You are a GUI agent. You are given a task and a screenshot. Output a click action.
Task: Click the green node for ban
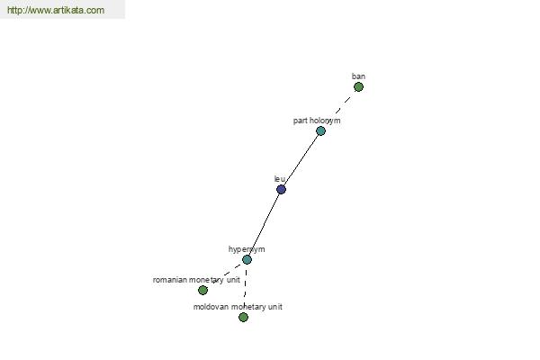(x=358, y=86)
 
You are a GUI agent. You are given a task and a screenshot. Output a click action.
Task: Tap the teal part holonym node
(x=320, y=130)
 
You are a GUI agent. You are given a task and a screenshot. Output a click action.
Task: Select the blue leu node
(x=281, y=190)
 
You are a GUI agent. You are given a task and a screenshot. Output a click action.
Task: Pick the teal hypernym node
(x=247, y=259)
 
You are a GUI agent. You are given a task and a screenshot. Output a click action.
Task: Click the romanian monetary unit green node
(x=202, y=290)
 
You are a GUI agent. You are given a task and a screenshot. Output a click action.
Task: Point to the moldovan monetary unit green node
(x=243, y=317)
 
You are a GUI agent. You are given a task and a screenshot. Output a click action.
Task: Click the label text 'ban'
(x=358, y=76)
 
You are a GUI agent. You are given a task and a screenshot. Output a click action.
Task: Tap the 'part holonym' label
(x=317, y=121)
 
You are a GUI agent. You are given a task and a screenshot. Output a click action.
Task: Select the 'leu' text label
(x=280, y=179)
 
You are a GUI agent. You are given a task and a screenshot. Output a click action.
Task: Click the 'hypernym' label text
(x=247, y=249)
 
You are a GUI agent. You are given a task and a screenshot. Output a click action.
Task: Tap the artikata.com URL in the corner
(x=56, y=10)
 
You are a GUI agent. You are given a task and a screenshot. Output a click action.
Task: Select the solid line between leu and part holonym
(x=301, y=160)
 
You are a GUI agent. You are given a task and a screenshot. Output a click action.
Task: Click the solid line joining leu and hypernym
(x=264, y=224)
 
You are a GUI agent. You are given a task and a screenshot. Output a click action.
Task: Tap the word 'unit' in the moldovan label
(x=274, y=307)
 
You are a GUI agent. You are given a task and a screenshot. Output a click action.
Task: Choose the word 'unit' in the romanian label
(x=233, y=280)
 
